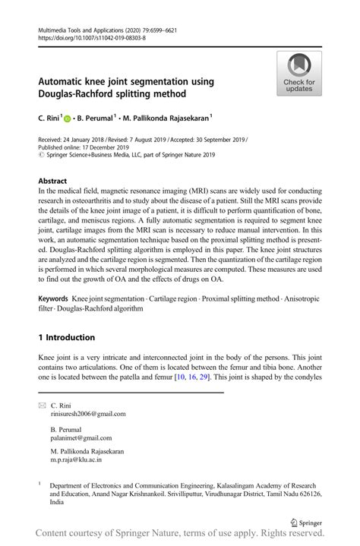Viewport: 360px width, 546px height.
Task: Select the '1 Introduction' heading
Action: coord(66,337)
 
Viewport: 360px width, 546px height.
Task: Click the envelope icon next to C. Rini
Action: coord(42,406)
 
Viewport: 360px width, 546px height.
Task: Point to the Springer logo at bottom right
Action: coord(305,522)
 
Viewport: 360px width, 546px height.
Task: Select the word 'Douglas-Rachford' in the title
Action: coord(76,93)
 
